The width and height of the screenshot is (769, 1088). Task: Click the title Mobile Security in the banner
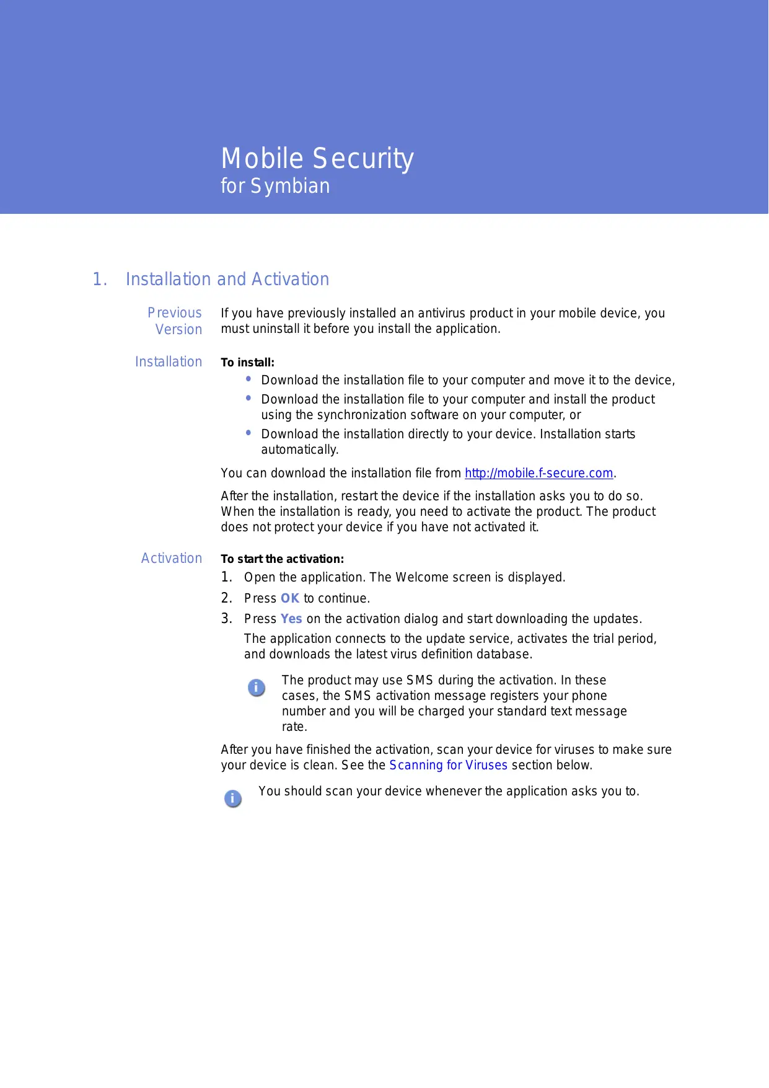[317, 159]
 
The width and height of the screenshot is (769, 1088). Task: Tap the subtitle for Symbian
[275, 186]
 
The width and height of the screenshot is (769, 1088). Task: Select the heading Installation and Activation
[227, 280]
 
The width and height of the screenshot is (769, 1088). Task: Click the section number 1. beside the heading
[100, 280]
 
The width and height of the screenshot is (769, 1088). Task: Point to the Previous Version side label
[176, 321]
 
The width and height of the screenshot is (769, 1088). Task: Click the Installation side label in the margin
[169, 362]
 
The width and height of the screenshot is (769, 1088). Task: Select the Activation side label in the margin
[172, 559]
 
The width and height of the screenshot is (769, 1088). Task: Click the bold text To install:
[247, 363]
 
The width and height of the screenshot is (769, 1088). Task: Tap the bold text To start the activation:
[282, 559]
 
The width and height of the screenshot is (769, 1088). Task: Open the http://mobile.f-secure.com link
[538, 474]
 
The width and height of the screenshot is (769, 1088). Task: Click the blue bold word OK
[289, 599]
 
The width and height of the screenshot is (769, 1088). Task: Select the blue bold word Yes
[291, 619]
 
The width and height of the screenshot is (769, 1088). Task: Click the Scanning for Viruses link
[448, 766]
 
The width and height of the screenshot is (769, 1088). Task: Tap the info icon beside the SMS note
[257, 688]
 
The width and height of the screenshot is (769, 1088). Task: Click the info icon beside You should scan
[232, 798]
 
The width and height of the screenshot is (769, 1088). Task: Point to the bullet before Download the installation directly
[248, 433]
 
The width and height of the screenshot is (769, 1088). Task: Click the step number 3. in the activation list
[227, 619]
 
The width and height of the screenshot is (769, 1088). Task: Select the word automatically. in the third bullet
[299, 450]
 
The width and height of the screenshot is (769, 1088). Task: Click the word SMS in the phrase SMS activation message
[358, 696]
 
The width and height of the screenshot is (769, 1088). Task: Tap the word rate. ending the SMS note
[294, 727]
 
